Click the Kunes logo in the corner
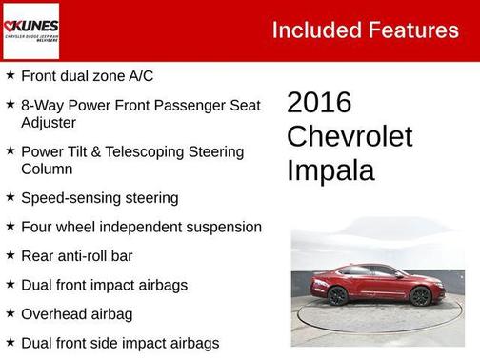[x=30, y=30]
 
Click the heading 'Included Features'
[x=365, y=30]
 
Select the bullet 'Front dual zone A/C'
[x=87, y=75]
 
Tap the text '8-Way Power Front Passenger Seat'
[x=139, y=105]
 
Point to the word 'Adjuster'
[x=49, y=123]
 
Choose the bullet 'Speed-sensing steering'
[x=99, y=198]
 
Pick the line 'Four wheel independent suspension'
[x=141, y=227]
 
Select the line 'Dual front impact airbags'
[x=104, y=285]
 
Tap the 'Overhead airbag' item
[x=76, y=313]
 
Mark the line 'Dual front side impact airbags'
[x=120, y=342]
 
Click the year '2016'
[x=319, y=103]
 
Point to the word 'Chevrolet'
[x=350, y=137]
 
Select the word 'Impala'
[x=330, y=171]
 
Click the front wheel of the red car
[x=420, y=297]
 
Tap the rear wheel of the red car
[x=338, y=296]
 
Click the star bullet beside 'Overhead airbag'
[x=10, y=312]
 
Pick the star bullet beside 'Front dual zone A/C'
[x=10, y=74]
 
